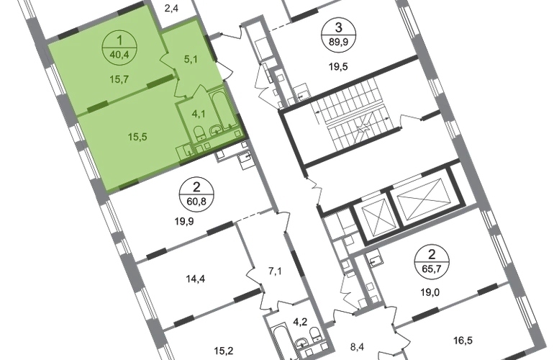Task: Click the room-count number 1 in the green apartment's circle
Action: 120,40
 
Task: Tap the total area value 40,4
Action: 120,52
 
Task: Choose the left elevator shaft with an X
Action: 376,214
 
